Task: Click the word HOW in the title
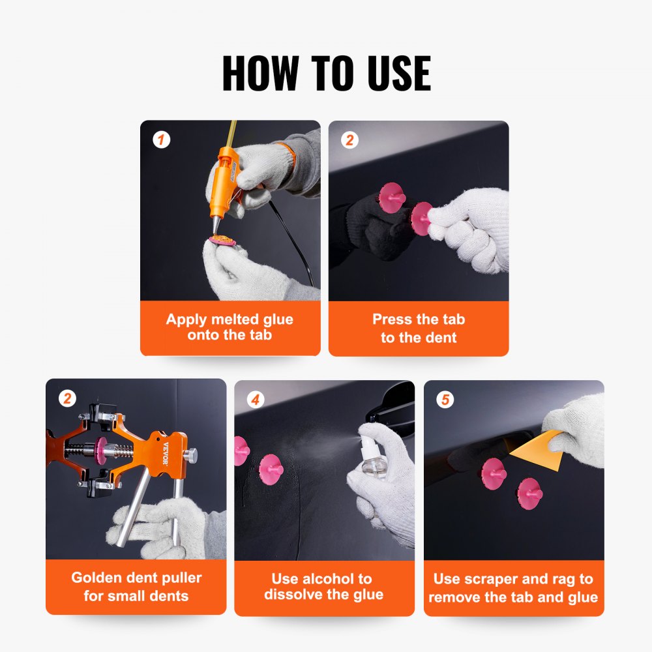point(260,73)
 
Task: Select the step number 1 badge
point(161,140)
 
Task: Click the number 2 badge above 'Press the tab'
point(349,140)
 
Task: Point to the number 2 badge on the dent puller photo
point(67,398)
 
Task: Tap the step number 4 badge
point(255,399)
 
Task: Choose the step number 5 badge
point(445,399)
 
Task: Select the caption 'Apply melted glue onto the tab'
point(230,327)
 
